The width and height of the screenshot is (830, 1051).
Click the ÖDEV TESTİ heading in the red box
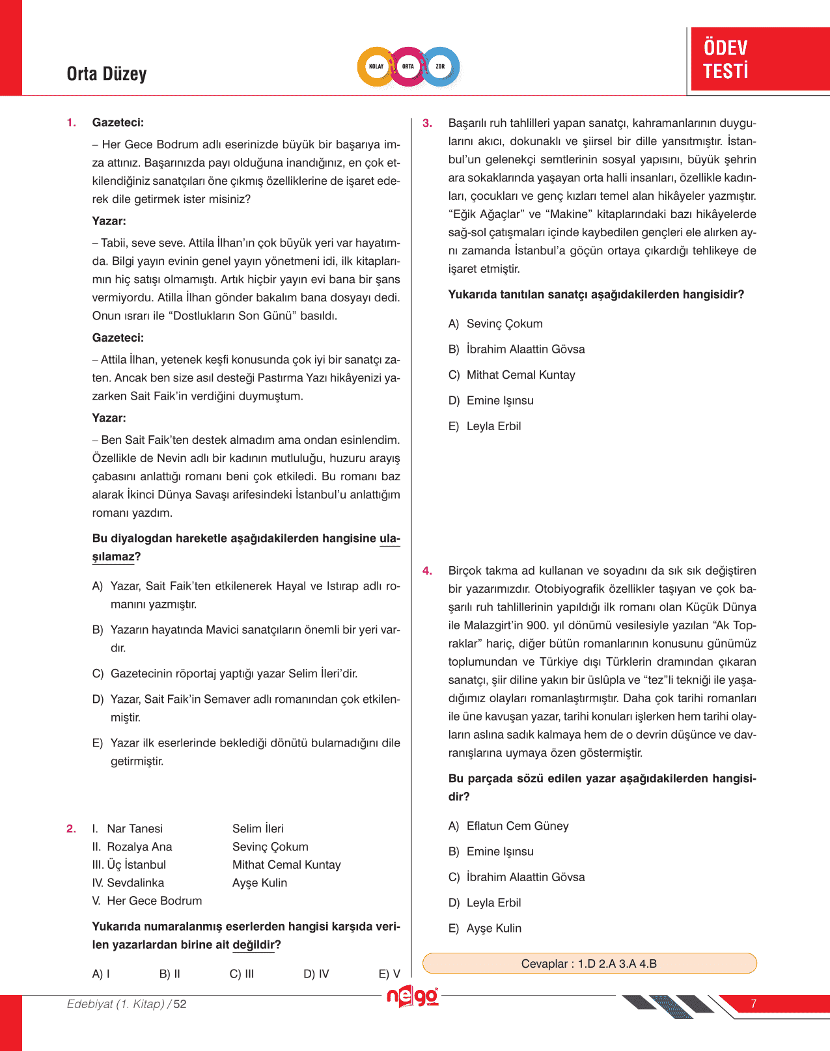click(x=726, y=59)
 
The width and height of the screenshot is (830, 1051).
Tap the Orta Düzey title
click(x=107, y=74)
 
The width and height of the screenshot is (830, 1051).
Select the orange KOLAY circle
click(x=376, y=66)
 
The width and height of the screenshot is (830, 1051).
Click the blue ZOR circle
click(x=441, y=66)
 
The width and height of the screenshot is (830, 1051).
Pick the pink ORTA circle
click(x=408, y=66)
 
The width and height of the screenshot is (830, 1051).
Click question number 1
click(x=72, y=122)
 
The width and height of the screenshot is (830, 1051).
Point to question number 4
click(x=427, y=571)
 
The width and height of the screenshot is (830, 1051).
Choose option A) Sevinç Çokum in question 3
click(x=495, y=323)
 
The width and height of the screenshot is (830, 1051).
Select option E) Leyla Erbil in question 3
click(x=485, y=426)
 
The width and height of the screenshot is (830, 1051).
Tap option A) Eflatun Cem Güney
click(x=508, y=826)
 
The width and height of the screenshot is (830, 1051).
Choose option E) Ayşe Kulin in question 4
click(x=485, y=928)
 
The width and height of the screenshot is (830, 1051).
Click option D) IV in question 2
click(x=316, y=974)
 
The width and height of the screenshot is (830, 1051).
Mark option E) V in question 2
click(x=389, y=974)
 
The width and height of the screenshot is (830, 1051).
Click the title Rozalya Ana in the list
click(x=139, y=847)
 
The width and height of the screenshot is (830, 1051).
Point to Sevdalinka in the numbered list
click(x=135, y=883)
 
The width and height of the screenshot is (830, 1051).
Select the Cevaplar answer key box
click(x=589, y=963)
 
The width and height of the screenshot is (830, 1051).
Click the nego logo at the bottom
click(x=412, y=997)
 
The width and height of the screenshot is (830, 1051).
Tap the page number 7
click(x=753, y=1003)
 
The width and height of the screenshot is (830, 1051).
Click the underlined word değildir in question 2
click(x=253, y=945)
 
